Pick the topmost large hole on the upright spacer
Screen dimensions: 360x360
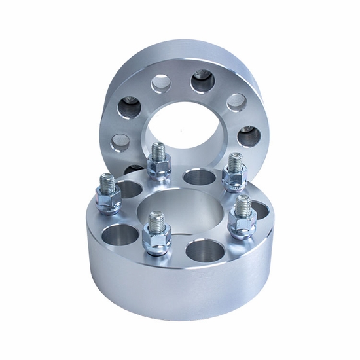tap(203, 81)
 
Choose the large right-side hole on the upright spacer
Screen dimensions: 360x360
tap(249, 135)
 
